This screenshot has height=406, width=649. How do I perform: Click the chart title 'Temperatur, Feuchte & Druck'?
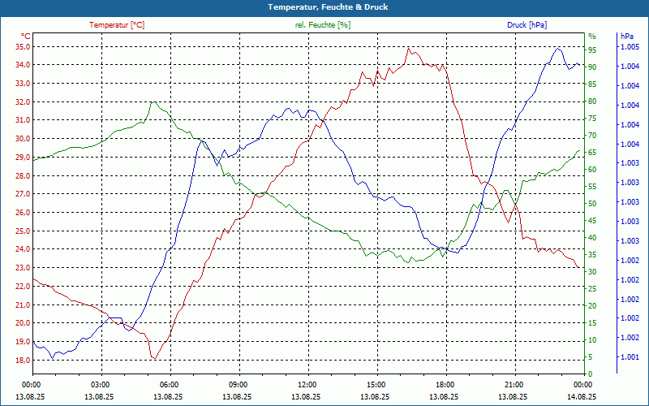tap(324, 6)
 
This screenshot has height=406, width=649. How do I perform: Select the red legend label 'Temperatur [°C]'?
tap(117, 25)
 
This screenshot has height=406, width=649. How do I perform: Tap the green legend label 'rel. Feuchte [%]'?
tap(323, 25)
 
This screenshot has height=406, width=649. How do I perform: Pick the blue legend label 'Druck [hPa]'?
tap(527, 25)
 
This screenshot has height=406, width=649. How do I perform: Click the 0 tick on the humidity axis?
tap(590, 374)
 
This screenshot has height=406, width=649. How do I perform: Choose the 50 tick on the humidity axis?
tap(592, 203)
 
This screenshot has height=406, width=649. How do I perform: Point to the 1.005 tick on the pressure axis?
tap(630, 47)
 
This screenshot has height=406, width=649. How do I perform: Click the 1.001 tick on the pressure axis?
tap(630, 357)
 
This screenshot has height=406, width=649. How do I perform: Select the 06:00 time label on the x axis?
tap(170, 384)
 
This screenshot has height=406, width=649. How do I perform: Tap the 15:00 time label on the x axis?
tap(376, 384)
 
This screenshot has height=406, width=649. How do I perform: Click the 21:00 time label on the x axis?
tap(514, 384)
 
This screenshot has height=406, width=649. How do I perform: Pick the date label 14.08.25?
tap(582, 396)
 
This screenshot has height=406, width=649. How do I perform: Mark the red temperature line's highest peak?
tap(409, 48)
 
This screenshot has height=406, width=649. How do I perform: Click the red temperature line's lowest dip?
tap(154, 358)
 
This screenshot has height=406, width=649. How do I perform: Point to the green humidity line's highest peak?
tap(153, 101)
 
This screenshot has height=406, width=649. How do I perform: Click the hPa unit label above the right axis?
tap(626, 37)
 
